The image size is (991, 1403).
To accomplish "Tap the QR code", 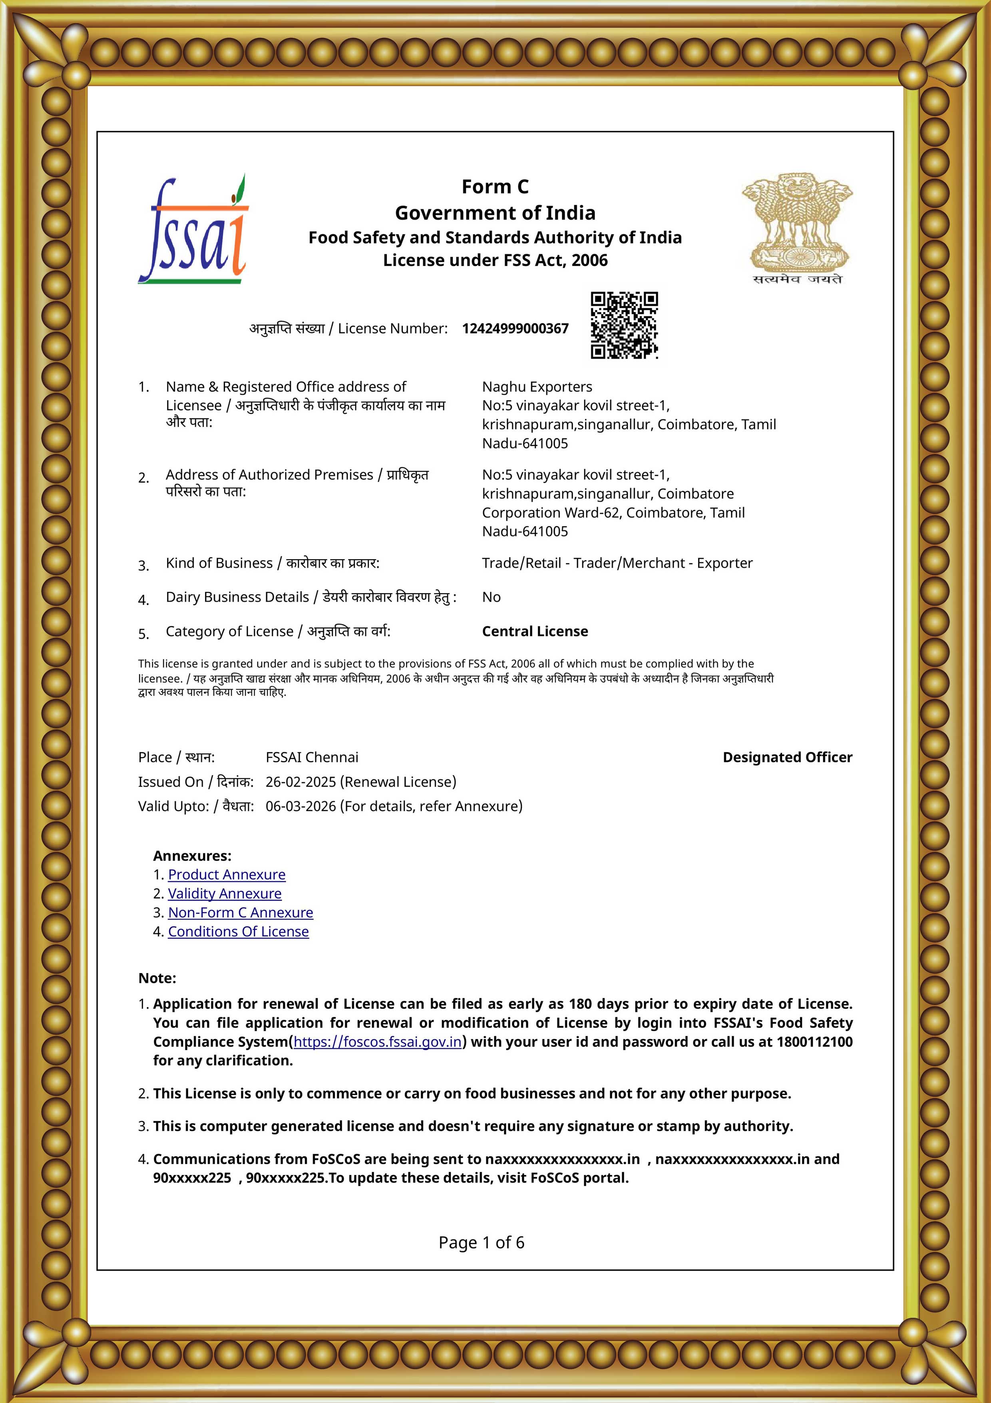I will coord(624,325).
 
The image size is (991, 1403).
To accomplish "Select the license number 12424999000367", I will coord(515,329).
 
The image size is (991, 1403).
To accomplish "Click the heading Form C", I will coord(495,186).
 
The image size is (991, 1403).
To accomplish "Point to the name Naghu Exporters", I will coord(537,387).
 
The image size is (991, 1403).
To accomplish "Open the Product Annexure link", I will coord(227,874).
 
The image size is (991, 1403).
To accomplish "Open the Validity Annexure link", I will coord(225,893).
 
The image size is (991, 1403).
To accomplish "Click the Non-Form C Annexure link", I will coord(241,912).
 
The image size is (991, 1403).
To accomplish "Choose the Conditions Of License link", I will coord(238,931).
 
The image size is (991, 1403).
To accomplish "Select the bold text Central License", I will coord(535,631).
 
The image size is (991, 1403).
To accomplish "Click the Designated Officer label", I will coord(787,757).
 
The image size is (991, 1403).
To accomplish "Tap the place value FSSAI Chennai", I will coord(312,757).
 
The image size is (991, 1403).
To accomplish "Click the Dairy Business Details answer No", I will coord(491,597).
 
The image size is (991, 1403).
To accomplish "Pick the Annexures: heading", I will coord(192,855).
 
